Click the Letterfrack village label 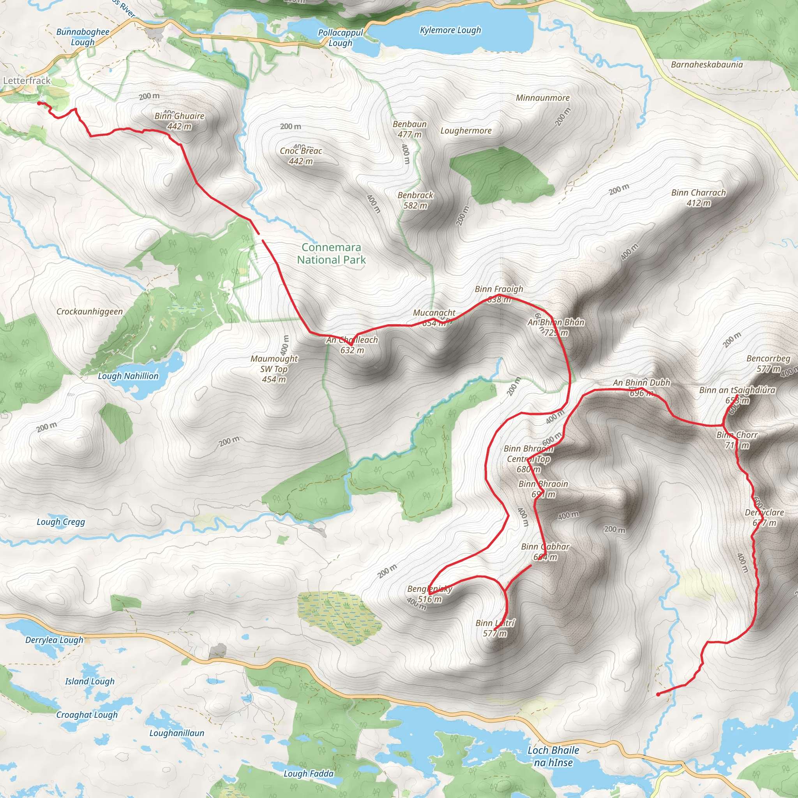point(27,81)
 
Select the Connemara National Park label point(331,254)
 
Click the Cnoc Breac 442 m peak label point(301,156)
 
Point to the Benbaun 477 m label point(410,129)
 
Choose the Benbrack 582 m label point(415,200)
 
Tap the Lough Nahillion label point(128,376)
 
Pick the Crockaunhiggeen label point(90,311)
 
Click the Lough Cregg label point(61,522)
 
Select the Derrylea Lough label point(54,640)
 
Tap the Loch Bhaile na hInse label point(553,756)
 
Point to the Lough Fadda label point(308,773)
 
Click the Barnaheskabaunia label point(707,64)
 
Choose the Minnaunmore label point(542,98)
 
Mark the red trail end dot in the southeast point(658,694)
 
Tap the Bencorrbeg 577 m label point(768,364)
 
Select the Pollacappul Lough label point(340,37)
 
